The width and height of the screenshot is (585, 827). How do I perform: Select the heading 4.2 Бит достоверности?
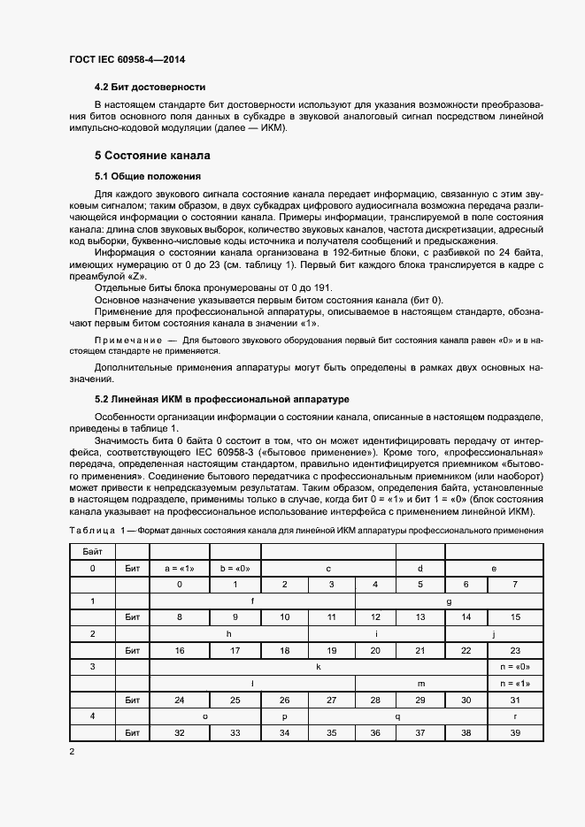pos(150,87)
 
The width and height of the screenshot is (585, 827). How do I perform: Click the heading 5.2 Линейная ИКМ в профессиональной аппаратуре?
pos(221,399)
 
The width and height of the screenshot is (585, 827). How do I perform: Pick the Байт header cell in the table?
pos(93,551)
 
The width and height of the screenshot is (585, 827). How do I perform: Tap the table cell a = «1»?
pos(180,568)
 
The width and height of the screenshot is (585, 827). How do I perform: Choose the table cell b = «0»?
pos(235,568)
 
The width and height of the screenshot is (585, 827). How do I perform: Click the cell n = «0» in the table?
pos(515,666)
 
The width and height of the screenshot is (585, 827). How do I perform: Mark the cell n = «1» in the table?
pos(515,683)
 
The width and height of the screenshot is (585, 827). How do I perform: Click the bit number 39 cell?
pos(515,733)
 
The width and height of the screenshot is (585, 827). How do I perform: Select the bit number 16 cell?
pos(180,650)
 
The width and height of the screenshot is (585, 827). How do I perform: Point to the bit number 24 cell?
pos(180,700)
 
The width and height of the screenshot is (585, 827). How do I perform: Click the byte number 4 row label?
pos(93,716)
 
